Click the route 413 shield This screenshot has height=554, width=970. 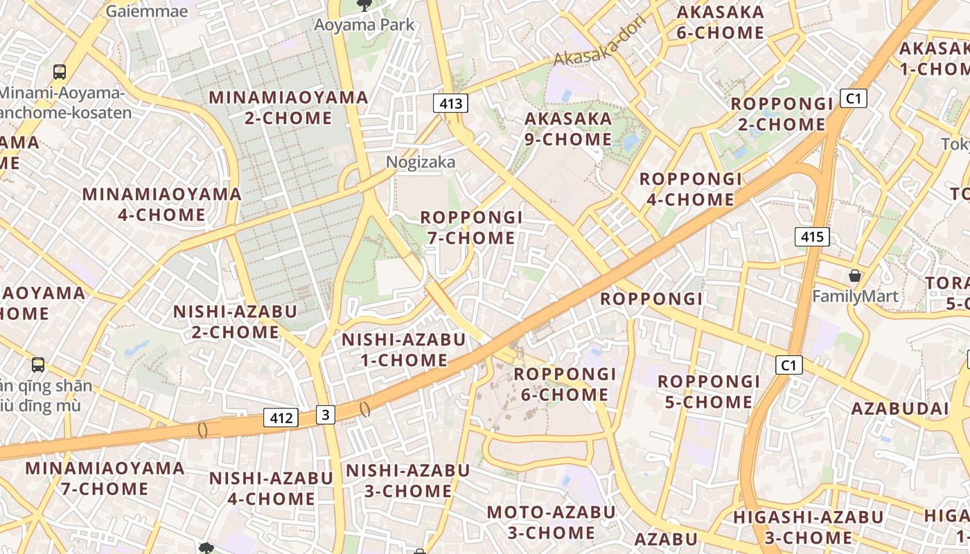(x=450, y=104)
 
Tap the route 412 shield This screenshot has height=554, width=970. (x=281, y=418)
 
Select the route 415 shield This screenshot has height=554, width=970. (x=812, y=237)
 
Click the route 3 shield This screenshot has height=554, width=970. (x=326, y=415)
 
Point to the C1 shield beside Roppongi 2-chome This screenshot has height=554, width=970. (x=854, y=98)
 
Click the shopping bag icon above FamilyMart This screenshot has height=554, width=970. (x=855, y=276)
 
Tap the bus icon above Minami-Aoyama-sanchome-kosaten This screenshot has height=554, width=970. (x=60, y=71)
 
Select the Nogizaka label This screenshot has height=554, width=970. (x=421, y=162)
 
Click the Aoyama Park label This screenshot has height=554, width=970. (x=364, y=25)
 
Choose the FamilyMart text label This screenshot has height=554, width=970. (x=855, y=296)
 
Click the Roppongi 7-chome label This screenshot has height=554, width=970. (x=471, y=228)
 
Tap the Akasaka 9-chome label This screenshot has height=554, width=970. (x=568, y=129)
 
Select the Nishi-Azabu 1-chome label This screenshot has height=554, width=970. (x=404, y=350)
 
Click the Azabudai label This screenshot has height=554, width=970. (x=899, y=409)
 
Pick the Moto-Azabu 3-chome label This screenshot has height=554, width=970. (x=551, y=522)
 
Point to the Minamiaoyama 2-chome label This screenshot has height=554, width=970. (x=288, y=107)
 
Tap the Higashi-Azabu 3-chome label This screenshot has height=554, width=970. (x=808, y=527)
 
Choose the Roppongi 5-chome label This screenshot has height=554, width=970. (x=709, y=391)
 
